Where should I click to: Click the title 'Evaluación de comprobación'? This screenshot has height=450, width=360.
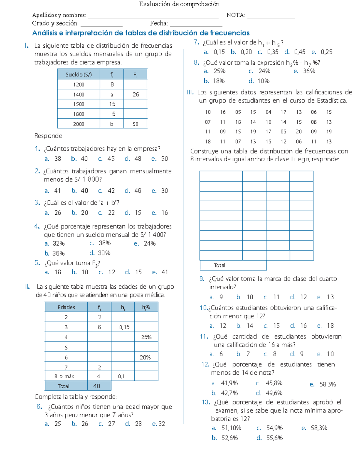tap(179, 4)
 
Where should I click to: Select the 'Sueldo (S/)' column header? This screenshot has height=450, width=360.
tap(79, 74)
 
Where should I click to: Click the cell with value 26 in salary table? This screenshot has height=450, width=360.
tap(136, 94)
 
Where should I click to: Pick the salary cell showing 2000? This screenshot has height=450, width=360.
tap(79, 124)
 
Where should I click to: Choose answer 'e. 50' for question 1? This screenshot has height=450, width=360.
tap(160, 159)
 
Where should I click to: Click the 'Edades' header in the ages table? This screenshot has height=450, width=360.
tap(66, 307)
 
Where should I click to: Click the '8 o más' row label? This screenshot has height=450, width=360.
tap(64, 376)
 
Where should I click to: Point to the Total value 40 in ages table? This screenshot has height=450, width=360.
tap(97, 386)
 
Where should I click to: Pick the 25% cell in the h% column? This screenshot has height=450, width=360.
tap(146, 337)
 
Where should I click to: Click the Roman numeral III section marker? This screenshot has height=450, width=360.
tap(190, 92)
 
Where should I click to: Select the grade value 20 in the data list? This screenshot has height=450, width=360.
tap(298, 132)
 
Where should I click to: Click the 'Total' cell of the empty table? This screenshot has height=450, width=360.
tap(220, 265)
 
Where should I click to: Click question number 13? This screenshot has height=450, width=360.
tap(206, 402)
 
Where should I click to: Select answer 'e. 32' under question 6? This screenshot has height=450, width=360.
tap(159, 424)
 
